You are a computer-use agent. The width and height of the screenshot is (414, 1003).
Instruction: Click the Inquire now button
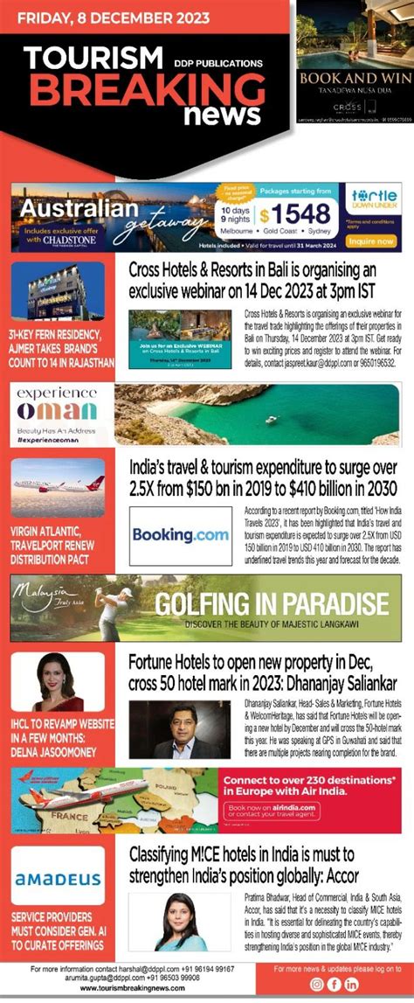coord(373,240)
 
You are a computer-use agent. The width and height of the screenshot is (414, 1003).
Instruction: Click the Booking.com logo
coord(180,535)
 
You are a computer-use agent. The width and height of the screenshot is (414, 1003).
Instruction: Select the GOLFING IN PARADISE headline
coord(272,604)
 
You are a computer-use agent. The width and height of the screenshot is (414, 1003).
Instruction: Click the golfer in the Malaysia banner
coord(114,609)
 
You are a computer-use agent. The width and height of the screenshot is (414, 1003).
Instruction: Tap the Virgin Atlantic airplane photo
coord(58,485)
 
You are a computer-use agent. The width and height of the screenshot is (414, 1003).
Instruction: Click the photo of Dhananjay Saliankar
coord(179,728)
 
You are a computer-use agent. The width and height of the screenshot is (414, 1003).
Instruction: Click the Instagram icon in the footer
coord(317,984)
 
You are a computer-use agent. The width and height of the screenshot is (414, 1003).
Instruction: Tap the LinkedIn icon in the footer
coord(352,984)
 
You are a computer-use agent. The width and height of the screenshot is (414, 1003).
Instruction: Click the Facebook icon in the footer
coord(335,984)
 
